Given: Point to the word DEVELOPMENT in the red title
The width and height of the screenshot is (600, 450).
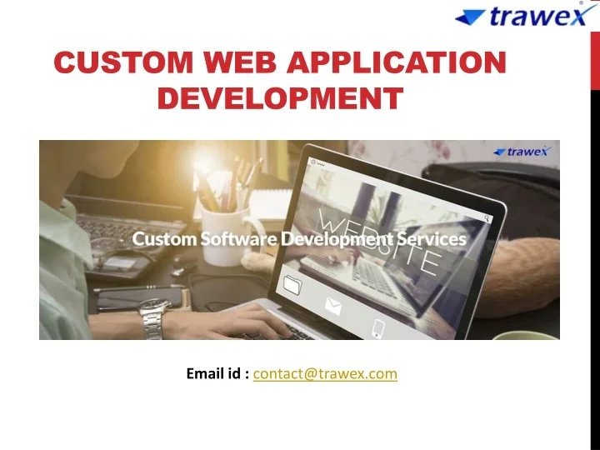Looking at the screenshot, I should click(280, 98).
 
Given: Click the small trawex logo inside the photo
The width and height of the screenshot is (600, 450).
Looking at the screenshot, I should click(521, 152).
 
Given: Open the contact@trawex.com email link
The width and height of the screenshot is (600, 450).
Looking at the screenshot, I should click(325, 373).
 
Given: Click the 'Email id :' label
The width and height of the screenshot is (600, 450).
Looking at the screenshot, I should click(217, 373).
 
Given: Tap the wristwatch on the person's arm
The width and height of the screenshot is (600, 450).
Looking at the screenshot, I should click(153, 317).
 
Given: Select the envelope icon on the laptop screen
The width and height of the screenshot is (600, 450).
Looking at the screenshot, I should click(334, 308).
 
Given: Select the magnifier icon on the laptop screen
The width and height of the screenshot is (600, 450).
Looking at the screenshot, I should click(488, 219).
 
